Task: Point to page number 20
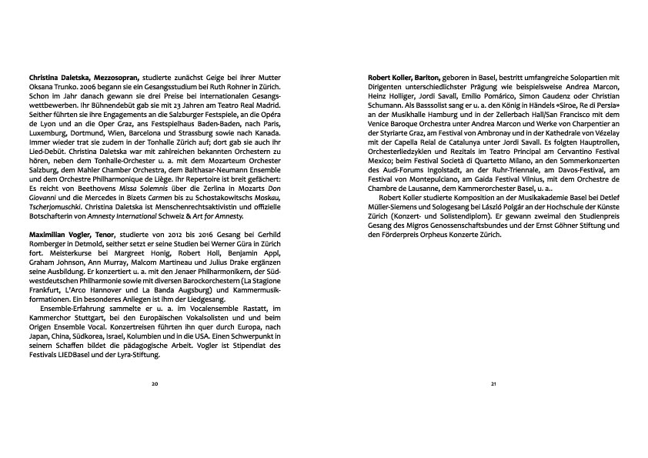coord(155,383)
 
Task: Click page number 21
coord(493,383)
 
